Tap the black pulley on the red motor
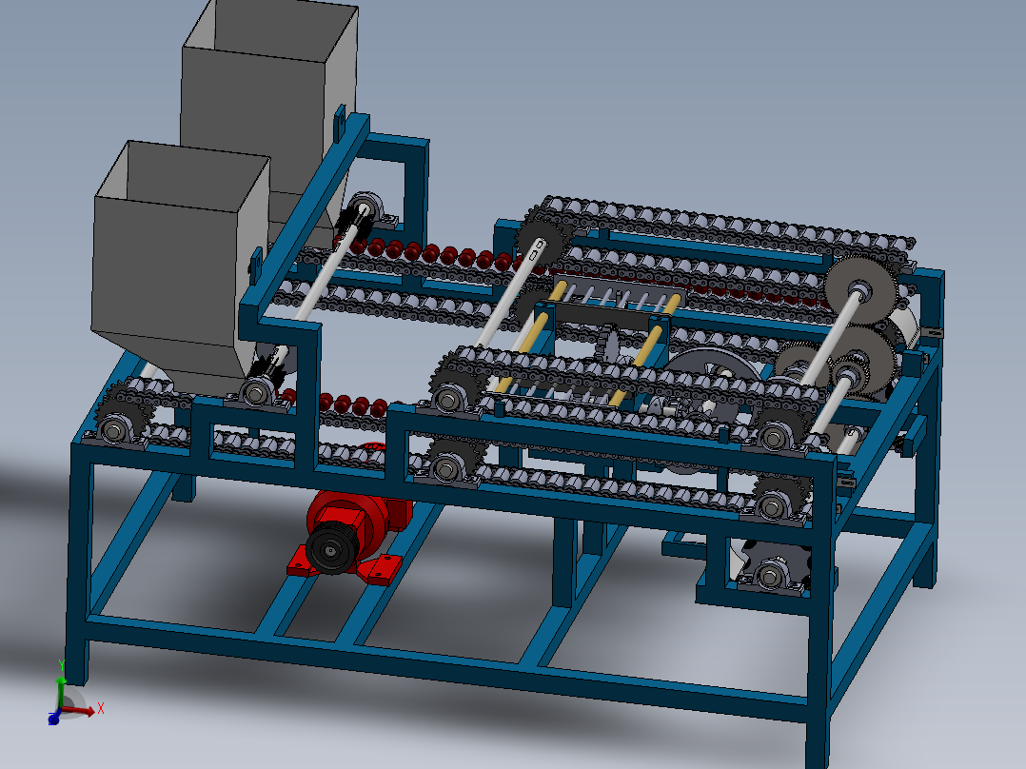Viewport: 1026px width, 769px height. [329, 550]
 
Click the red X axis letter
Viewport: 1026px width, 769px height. [100, 708]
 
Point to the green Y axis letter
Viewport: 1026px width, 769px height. [61, 664]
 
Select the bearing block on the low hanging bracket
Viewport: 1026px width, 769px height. [769, 576]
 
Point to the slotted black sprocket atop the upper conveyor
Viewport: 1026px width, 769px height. [539, 246]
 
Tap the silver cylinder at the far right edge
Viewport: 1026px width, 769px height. [908, 324]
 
